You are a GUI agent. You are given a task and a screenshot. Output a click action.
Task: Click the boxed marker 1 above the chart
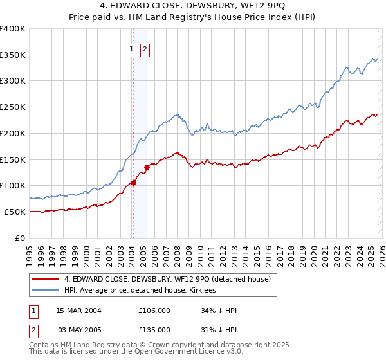tap(132, 48)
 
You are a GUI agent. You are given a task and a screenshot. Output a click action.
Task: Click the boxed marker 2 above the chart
tap(145, 48)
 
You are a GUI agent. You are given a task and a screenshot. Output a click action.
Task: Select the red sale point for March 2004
tap(133, 183)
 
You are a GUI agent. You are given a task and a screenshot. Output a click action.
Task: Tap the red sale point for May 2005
tap(147, 167)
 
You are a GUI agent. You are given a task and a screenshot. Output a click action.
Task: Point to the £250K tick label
tap(13, 107)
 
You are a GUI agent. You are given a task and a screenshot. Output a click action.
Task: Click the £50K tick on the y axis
tap(15, 212)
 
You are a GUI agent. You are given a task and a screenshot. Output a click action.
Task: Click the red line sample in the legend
tap(46, 279)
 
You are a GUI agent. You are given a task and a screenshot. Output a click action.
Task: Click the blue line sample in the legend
tap(46, 290)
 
